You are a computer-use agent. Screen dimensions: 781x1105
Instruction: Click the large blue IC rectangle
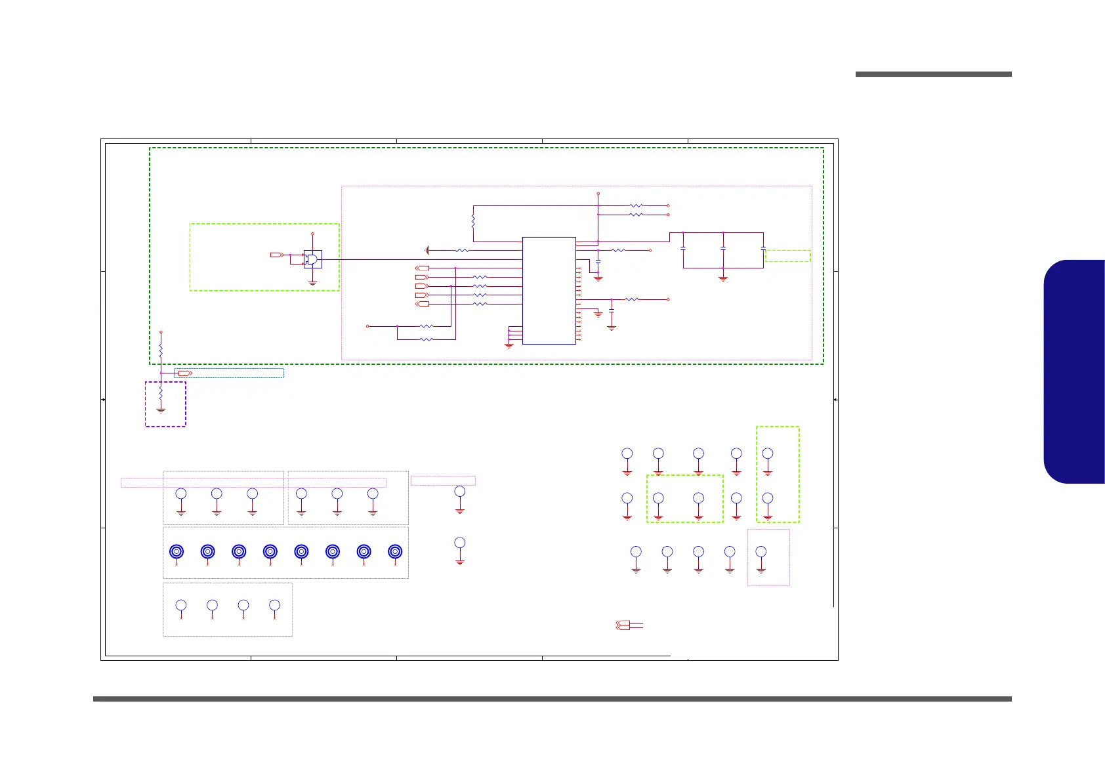tap(549, 290)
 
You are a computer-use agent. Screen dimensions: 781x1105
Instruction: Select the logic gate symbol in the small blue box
tap(313, 259)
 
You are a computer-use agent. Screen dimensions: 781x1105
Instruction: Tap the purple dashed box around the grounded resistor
tap(165, 404)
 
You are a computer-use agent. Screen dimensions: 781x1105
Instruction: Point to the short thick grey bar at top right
tap(933, 74)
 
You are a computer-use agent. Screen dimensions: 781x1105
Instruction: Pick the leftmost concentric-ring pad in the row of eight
tap(176, 552)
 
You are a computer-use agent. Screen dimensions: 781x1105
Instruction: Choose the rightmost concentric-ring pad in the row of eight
tap(394, 552)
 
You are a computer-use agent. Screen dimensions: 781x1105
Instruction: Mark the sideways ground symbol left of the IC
tap(427, 250)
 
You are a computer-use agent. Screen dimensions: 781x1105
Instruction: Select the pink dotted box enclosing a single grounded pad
tap(768, 557)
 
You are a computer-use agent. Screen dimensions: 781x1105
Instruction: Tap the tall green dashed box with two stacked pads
tap(778, 475)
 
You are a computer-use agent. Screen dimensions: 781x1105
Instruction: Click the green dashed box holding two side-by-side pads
tap(684, 499)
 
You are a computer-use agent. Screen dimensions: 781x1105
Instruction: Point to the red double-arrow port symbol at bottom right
tap(623, 625)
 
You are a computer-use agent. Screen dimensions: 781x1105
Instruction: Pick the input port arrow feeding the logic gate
tap(276, 255)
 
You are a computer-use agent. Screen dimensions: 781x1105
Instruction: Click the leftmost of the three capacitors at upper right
tap(683, 249)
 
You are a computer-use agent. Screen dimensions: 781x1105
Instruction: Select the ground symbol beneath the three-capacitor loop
tap(723, 278)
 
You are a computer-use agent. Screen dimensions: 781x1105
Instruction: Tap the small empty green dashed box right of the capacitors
tap(787, 256)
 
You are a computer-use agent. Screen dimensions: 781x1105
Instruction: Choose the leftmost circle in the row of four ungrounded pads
tap(181, 605)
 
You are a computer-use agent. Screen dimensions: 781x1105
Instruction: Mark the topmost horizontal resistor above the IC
tap(636, 205)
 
